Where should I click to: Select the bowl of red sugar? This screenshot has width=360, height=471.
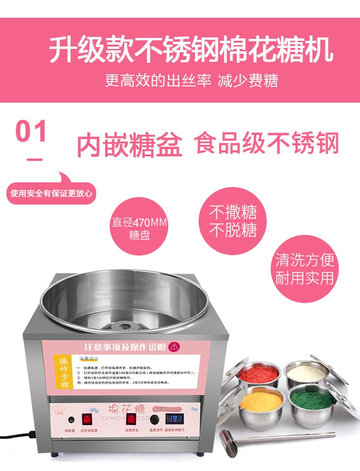(258, 375)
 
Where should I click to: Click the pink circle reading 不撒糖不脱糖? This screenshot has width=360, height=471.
(233, 221)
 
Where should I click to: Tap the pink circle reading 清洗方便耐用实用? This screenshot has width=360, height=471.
(304, 269)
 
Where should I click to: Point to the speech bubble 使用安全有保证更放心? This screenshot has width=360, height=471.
(52, 194)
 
